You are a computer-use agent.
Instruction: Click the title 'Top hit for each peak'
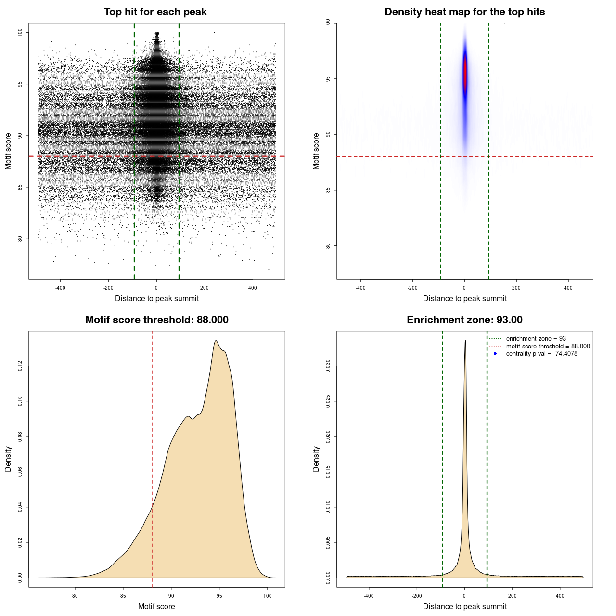155,12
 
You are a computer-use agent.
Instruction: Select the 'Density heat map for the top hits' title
464,12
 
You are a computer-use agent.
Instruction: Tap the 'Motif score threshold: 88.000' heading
156,320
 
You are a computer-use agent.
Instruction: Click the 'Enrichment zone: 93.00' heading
464,320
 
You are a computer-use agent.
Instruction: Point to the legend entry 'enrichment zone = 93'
536,339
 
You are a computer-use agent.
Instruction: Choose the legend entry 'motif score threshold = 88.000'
548,346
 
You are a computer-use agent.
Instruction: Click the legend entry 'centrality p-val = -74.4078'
541,354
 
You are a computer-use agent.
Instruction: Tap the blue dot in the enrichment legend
495,354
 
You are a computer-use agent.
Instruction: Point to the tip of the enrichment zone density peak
465,341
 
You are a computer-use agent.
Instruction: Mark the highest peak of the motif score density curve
216,341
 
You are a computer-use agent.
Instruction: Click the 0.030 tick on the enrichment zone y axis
328,366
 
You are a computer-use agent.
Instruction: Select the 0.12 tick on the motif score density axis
20,366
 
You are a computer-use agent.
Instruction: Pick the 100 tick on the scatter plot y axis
20,32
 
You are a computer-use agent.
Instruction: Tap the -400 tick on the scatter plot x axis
60,288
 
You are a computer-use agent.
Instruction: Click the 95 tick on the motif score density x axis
219,596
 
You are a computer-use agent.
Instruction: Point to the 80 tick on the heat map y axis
328,245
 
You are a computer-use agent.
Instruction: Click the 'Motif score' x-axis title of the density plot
156,606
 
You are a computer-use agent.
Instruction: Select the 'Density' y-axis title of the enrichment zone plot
316,459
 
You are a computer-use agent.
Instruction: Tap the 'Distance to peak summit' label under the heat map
464,298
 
